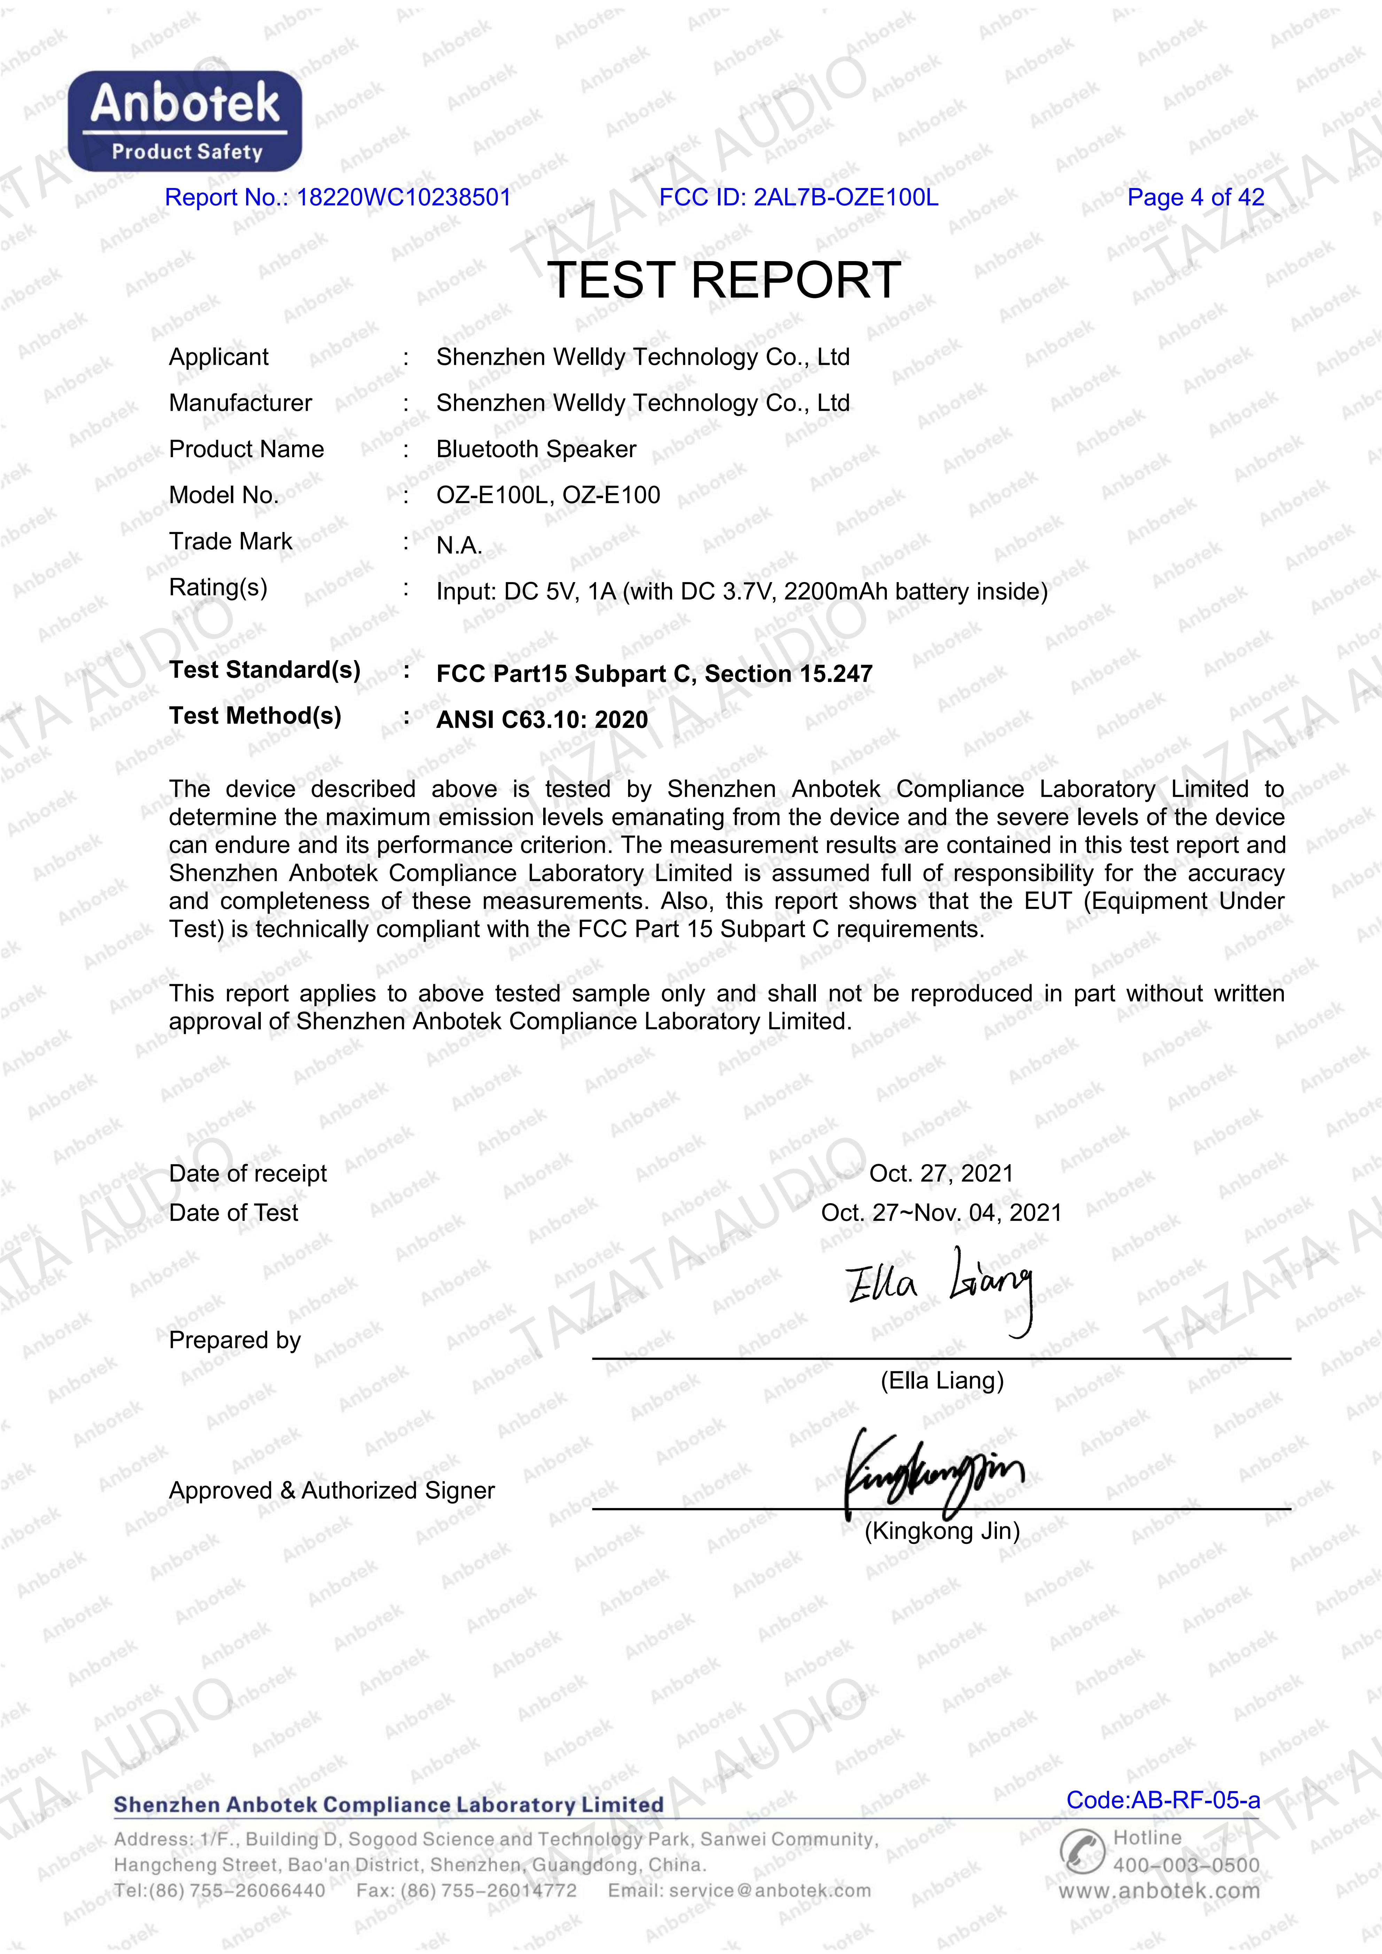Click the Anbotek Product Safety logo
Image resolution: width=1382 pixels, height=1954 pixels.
pos(185,121)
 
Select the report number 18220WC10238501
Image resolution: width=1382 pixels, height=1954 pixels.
pos(403,197)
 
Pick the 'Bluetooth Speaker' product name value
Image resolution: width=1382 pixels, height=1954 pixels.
pos(536,449)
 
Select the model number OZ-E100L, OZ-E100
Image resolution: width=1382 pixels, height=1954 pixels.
pos(548,495)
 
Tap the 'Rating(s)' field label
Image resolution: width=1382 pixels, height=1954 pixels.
pos(218,587)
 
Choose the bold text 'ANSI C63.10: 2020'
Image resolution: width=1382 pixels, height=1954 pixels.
pos(542,720)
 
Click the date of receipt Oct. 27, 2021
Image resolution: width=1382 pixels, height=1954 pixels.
pos(941,1174)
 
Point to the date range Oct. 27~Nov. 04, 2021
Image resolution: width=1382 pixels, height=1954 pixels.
pos(941,1213)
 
